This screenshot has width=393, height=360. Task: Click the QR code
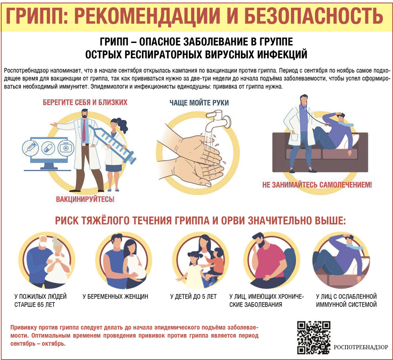pyautogui.click(x=314, y=337)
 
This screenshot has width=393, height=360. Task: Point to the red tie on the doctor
pyautogui.click(x=84, y=130)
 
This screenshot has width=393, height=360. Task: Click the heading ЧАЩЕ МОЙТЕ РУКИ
pyautogui.click(x=199, y=103)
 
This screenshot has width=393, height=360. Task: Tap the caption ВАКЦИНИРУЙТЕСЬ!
pyautogui.click(x=85, y=199)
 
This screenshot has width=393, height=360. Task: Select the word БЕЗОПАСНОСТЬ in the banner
pyautogui.click(x=314, y=16)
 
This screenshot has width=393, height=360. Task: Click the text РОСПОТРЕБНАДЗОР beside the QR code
pyautogui.click(x=361, y=347)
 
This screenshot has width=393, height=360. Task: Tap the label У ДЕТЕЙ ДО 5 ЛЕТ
pyautogui.click(x=193, y=297)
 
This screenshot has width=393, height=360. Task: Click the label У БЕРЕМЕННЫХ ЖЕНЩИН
pyautogui.click(x=115, y=297)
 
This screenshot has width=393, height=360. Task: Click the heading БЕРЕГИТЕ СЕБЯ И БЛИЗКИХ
pyautogui.click(x=85, y=102)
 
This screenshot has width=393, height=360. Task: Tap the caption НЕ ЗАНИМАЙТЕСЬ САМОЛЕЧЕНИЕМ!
pyautogui.click(x=317, y=185)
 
